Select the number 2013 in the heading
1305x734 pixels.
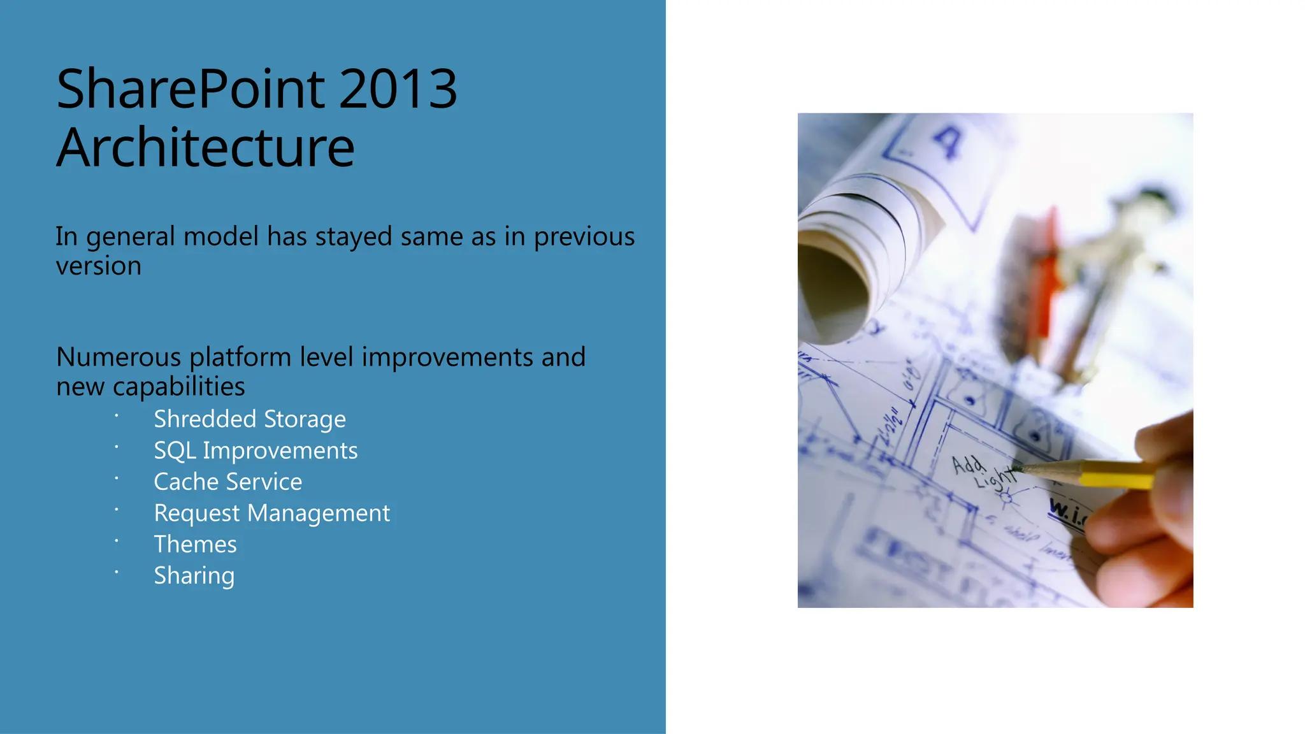click(398, 89)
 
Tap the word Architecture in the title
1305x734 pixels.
click(205, 148)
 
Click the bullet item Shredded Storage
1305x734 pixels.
click(250, 419)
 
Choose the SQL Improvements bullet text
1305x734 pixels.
click(256, 450)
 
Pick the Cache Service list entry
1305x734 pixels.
click(228, 482)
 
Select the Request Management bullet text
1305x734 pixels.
click(271, 513)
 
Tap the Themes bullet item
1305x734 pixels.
click(195, 544)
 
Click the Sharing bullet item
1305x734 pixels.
click(194, 575)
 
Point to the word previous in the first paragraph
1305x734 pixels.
click(584, 236)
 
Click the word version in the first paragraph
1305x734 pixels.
click(99, 266)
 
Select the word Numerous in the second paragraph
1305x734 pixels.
click(119, 357)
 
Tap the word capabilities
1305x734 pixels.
click(178, 386)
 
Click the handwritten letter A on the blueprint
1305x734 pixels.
click(948, 141)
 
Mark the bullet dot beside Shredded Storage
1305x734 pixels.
click(117, 415)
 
